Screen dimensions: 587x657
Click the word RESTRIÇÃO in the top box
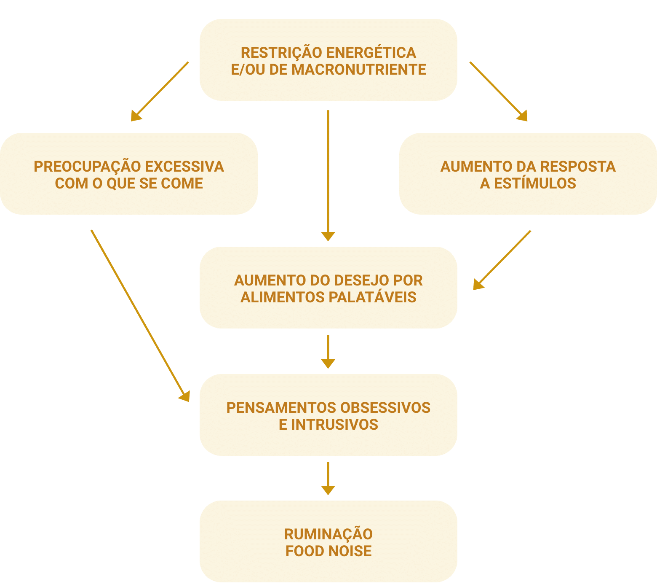[281, 53]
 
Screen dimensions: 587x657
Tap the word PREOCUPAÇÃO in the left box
[87, 167]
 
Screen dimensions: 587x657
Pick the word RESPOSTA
[578, 167]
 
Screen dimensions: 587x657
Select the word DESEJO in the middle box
[358, 280]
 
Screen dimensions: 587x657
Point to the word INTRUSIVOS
[335, 425]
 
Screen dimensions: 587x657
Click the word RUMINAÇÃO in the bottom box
[328, 534]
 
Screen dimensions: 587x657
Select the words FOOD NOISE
[328, 551]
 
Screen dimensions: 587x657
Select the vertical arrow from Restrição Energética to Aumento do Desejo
[328, 175]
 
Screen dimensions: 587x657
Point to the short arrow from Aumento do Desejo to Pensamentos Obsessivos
[328, 351]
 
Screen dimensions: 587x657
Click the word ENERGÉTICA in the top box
[371, 53]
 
